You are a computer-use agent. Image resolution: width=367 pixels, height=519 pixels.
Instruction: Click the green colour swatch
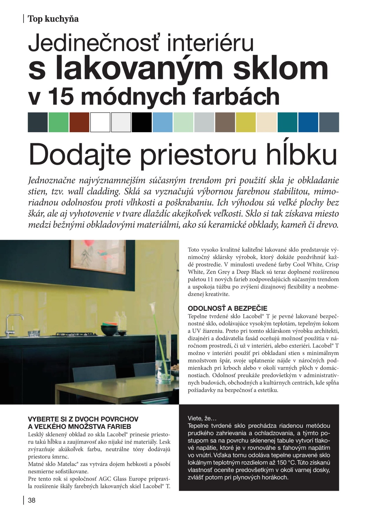[59, 122]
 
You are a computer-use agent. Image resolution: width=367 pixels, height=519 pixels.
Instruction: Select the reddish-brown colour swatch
[79, 122]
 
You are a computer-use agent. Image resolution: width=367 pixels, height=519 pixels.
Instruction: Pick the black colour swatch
[142, 122]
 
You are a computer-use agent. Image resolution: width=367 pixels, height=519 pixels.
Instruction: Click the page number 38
[32, 500]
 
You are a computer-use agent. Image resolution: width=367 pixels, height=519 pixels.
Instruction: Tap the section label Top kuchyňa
[53, 19]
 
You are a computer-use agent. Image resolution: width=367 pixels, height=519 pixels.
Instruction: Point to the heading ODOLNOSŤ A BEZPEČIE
[227, 308]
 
